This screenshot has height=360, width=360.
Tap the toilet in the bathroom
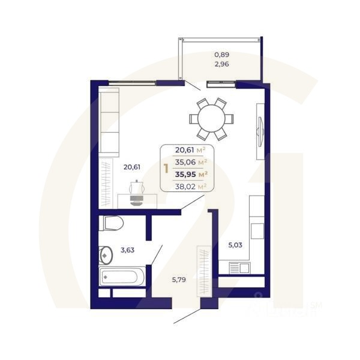(x=112, y=224)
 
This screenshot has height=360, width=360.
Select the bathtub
(x=122, y=277)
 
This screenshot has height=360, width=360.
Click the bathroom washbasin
(x=106, y=256)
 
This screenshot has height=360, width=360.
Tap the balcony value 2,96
(x=221, y=63)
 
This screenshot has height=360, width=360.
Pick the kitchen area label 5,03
(x=236, y=245)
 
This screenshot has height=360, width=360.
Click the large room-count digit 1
(x=166, y=168)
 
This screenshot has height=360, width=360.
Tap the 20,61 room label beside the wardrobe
(x=131, y=167)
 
